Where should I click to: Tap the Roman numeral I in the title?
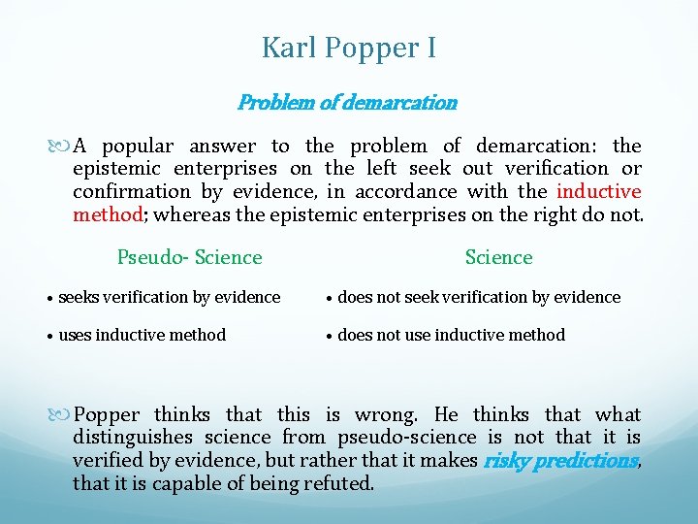429,48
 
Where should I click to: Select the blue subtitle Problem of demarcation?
347,102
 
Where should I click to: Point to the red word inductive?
598,191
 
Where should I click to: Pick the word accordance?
407,191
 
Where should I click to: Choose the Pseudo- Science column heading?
189,257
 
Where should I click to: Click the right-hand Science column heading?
498,257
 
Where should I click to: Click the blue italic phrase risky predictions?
560,460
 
